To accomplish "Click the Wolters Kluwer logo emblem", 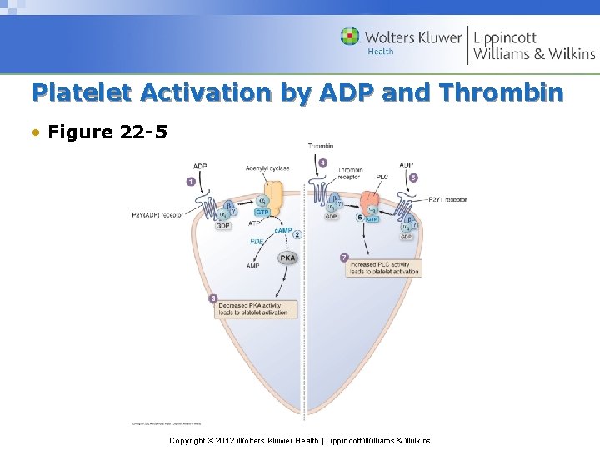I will tap(351, 37).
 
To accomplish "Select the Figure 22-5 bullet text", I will tap(101, 132).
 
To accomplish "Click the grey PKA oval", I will tap(287, 257).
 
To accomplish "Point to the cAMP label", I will tap(283, 230).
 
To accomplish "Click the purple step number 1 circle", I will tap(191, 181).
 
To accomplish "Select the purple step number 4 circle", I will tap(322, 162).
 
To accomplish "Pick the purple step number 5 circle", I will tap(414, 177).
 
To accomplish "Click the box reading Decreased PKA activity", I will tap(249, 308).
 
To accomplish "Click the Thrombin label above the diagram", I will tap(321, 146).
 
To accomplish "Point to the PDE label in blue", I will tap(257, 242).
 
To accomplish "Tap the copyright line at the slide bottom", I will tap(299, 440).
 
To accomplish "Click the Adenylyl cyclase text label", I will tap(267, 168).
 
